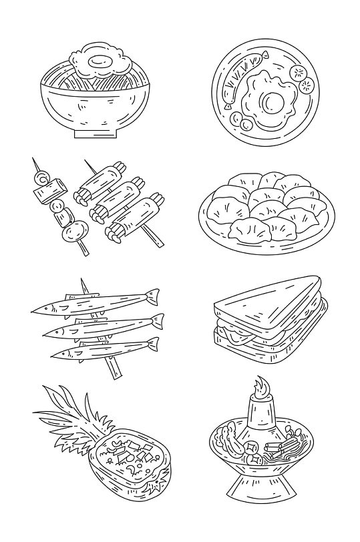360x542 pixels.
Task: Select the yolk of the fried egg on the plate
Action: pyautogui.click(x=274, y=101)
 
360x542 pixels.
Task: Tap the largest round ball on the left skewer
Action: pyautogui.click(x=71, y=231)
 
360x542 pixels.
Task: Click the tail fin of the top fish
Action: pyautogui.click(x=152, y=294)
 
